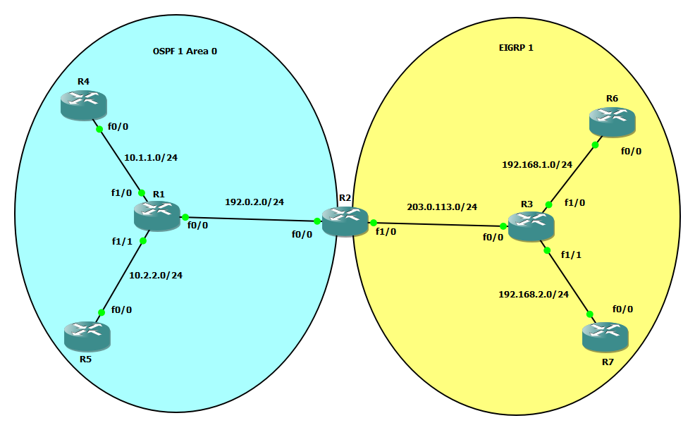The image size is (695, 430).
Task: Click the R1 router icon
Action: (x=157, y=215)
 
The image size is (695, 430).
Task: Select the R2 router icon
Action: (x=345, y=221)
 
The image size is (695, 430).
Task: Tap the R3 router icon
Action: (x=531, y=225)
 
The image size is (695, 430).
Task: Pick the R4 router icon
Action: (x=83, y=104)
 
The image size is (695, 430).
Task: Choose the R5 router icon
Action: (x=87, y=336)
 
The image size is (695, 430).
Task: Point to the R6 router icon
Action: (x=612, y=121)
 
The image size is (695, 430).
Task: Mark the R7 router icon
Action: (x=605, y=337)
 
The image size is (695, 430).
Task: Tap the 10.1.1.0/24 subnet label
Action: (x=151, y=157)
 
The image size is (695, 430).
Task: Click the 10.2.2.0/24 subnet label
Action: (x=161, y=275)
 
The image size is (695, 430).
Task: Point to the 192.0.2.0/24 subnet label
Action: (x=254, y=202)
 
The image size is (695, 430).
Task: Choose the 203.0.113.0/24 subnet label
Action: (x=442, y=207)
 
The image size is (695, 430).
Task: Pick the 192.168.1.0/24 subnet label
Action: (x=537, y=164)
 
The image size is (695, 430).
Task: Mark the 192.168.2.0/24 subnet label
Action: (x=533, y=295)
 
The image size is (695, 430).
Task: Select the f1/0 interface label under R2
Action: (x=386, y=231)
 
